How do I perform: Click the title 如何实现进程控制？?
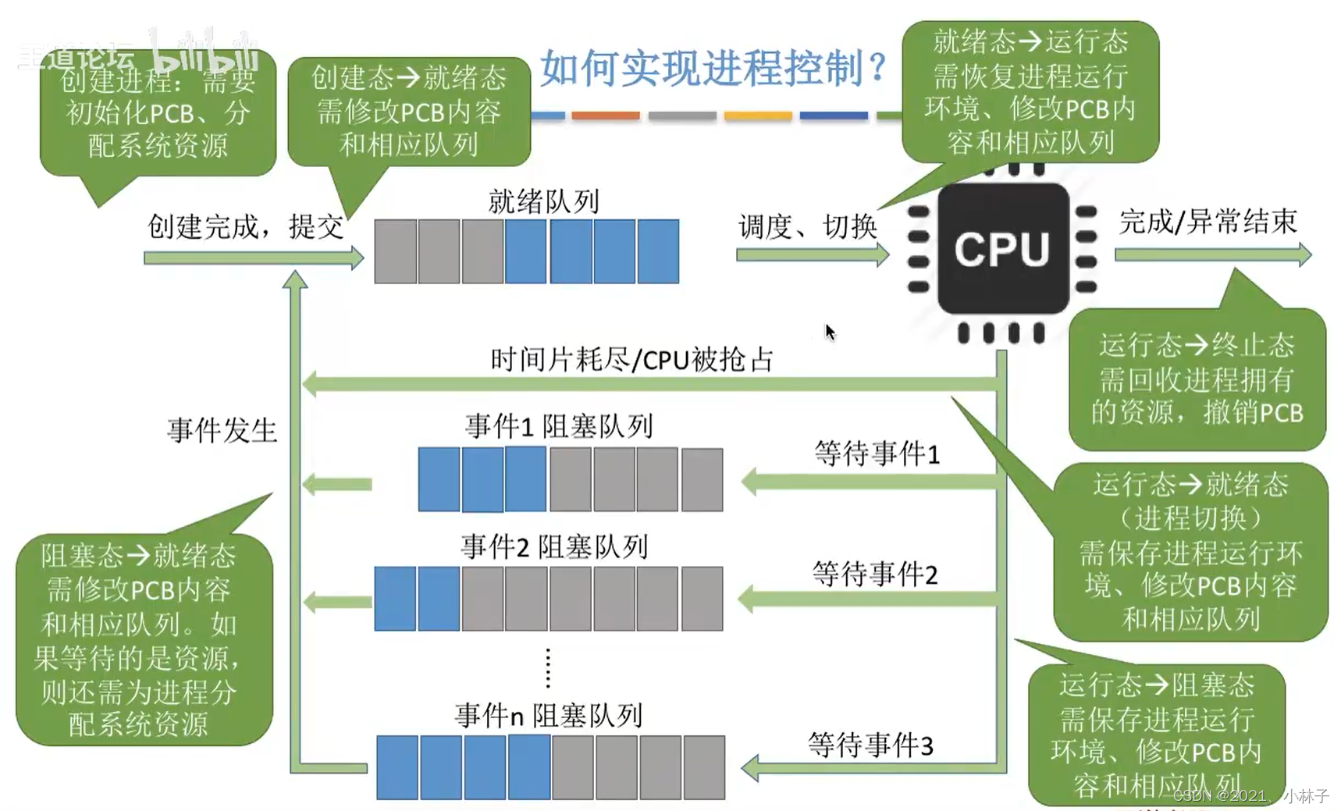(x=713, y=69)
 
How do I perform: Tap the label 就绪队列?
(x=543, y=201)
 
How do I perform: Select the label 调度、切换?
(x=807, y=227)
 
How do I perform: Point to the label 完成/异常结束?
(x=1208, y=222)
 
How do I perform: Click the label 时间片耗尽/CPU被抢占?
(x=631, y=360)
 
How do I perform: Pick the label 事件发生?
(x=222, y=430)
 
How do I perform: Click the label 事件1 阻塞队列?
(x=559, y=426)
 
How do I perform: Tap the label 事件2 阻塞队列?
(x=554, y=546)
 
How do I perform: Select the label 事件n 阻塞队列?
(x=549, y=715)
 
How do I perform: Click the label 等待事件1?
(x=877, y=454)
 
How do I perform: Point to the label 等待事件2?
(x=874, y=574)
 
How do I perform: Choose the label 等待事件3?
(x=870, y=745)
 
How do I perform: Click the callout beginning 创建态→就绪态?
(x=409, y=111)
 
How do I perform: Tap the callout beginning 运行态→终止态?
(x=1197, y=379)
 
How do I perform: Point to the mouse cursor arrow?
(x=829, y=332)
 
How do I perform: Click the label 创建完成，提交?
(x=245, y=227)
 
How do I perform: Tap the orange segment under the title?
(x=605, y=116)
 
